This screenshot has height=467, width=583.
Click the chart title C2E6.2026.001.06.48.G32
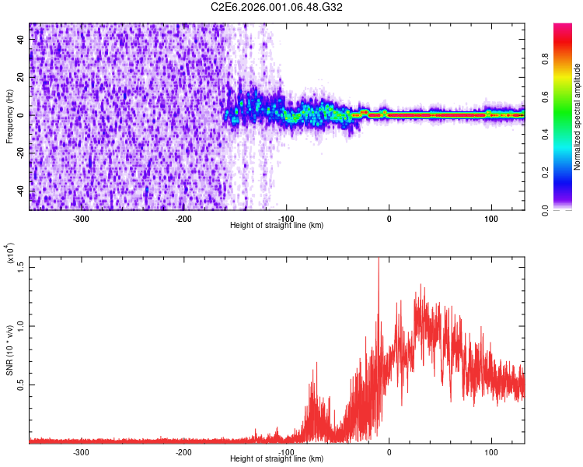click(x=277, y=7)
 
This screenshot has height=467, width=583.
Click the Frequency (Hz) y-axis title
click(x=9, y=117)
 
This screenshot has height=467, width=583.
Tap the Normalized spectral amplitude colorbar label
click(x=578, y=117)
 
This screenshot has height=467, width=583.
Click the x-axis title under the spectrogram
click(x=277, y=225)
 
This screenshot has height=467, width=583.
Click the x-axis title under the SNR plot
click(x=277, y=458)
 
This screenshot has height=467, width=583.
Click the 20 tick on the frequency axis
click(x=21, y=78)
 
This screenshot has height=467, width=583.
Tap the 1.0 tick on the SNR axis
click(x=21, y=325)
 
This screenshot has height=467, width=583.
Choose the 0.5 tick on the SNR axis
click(x=21, y=384)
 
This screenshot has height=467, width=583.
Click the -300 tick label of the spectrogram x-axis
click(x=82, y=219)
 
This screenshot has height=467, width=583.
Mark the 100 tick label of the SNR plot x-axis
click(x=491, y=452)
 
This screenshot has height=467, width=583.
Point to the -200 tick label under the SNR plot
click(x=184, y=452)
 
